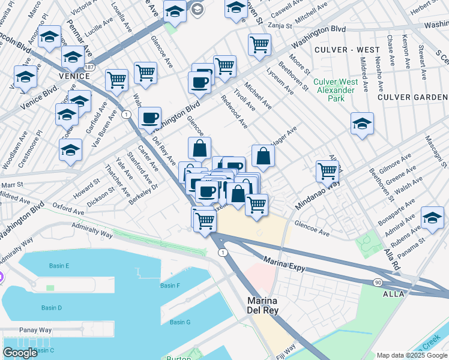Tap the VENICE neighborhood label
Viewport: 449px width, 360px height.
(74, 77)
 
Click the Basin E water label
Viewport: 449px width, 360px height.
(59, 266)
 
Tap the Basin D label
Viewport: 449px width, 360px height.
(52, 308)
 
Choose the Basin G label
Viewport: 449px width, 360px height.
(180, 322)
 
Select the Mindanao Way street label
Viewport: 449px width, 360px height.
(317, 193)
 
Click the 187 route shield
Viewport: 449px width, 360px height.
(89, 67)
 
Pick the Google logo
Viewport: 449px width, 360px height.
(20, 353)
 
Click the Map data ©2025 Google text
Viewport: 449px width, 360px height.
(412, 355)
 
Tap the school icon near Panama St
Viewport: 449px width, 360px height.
(432, 219)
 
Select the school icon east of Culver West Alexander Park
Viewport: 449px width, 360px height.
(362, 125)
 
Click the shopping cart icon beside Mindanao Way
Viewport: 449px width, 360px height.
(327, 171)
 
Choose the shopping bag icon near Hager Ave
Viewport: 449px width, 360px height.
(263, 157)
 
